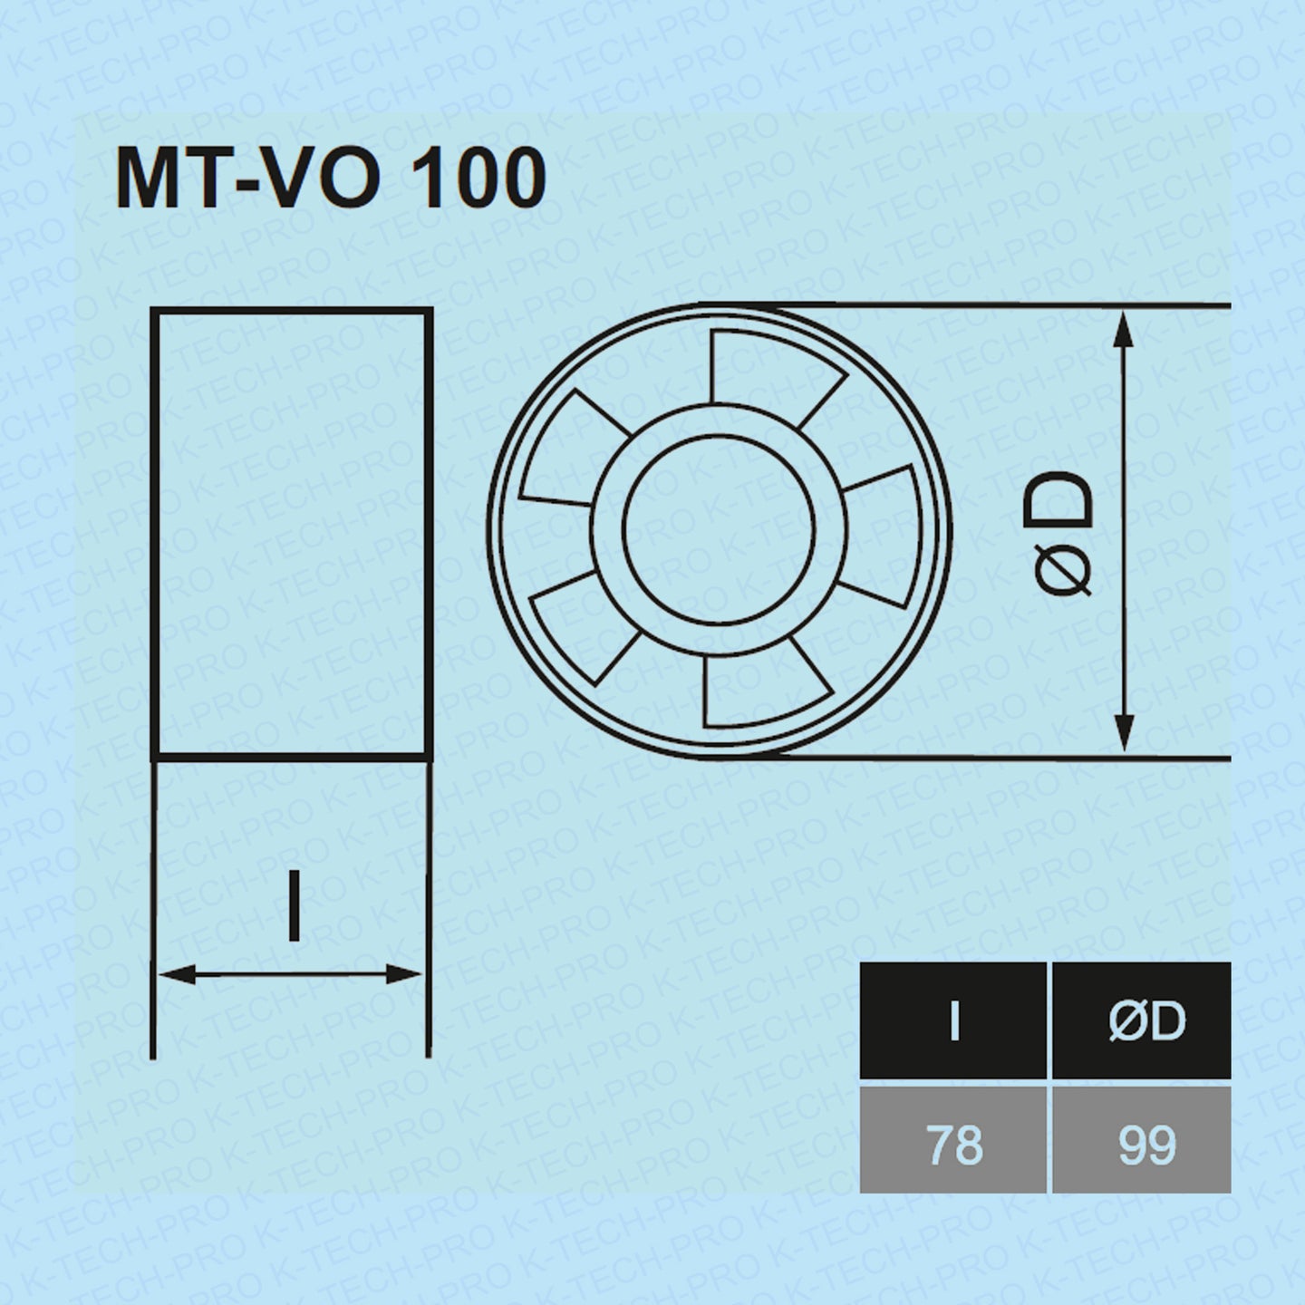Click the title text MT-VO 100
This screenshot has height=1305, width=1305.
(x=331, y=179)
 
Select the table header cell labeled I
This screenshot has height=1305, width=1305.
(x=953, y=1020)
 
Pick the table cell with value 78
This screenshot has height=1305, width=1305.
(x=953, y=1144)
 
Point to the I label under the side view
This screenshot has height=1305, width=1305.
(x=293, y=904)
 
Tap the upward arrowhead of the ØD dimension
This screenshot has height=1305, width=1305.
(x=1123, y=328)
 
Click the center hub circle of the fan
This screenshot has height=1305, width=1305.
(x=720, y=530)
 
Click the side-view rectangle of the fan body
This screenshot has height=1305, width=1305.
(x=292, y=533)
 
